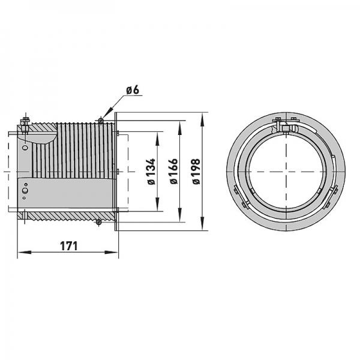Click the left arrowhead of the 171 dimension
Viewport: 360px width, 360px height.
pyautogui.click(x=20, y=253)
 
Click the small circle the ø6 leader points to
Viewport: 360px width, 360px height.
pyautogui.click(x=101, y=121)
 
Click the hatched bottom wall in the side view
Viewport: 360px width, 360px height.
pyautogui.click(x=66, y=215)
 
